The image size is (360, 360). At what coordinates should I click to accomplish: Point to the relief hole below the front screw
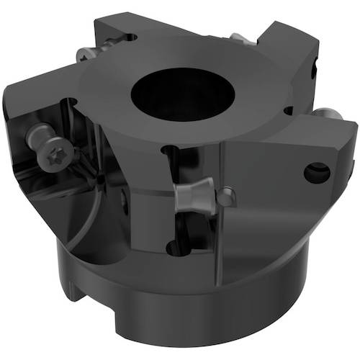(x=174, y=247)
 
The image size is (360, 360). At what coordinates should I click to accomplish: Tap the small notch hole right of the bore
(x=288, y=111)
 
